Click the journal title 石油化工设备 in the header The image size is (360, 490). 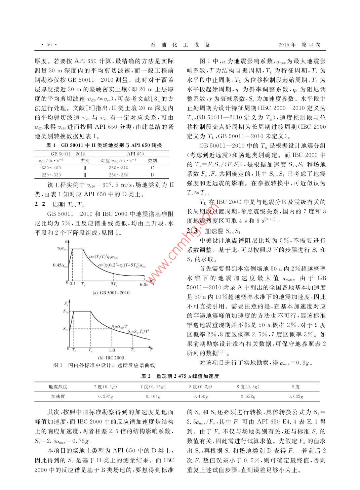[180, 45]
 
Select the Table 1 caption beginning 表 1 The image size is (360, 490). [104, 146]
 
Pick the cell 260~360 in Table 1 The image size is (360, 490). [119, 175]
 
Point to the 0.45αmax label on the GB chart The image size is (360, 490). [60, 265]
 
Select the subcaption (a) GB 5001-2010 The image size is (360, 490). [111, 293]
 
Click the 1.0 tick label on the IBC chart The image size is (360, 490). [112, 350]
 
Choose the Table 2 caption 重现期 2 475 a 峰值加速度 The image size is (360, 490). [180, 376]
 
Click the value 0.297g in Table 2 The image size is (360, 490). [105, 397]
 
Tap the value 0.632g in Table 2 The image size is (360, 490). [295, 397]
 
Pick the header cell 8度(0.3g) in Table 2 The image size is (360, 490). [248, 387]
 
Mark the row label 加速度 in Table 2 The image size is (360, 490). [58, 397]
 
